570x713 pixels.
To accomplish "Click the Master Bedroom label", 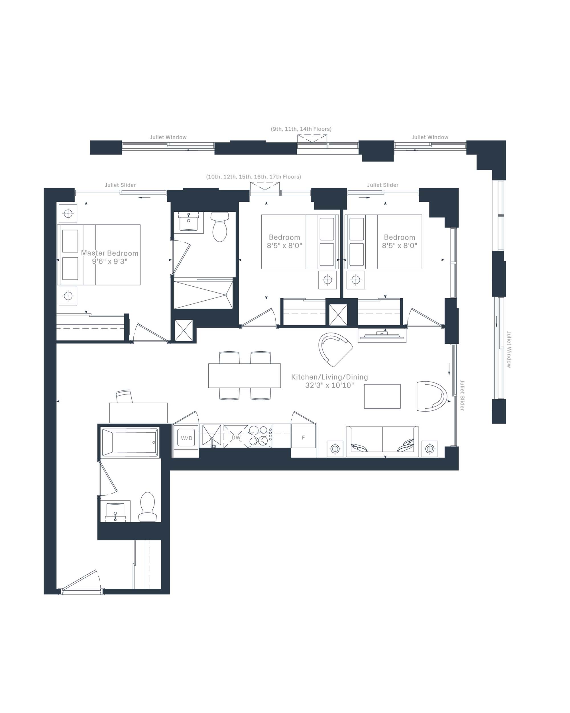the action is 110,253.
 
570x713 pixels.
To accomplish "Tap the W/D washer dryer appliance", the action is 186,438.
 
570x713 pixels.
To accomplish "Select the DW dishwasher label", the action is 236,437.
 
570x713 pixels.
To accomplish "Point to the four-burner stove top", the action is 260,436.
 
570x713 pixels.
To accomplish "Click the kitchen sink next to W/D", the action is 211,436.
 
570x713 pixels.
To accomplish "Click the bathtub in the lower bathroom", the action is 130,442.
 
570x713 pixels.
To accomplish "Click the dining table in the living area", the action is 245,376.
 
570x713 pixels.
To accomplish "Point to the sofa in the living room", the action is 382,442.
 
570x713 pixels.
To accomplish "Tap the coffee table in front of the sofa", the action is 382,396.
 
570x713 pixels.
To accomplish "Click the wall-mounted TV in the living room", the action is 382,336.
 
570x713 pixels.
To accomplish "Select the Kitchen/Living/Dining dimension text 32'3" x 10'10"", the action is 329,385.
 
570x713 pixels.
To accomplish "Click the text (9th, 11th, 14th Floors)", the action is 301,129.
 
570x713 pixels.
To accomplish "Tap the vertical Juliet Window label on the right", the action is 509,350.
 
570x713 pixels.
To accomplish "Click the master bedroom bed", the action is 99,255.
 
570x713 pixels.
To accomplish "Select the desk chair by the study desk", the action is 125,396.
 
